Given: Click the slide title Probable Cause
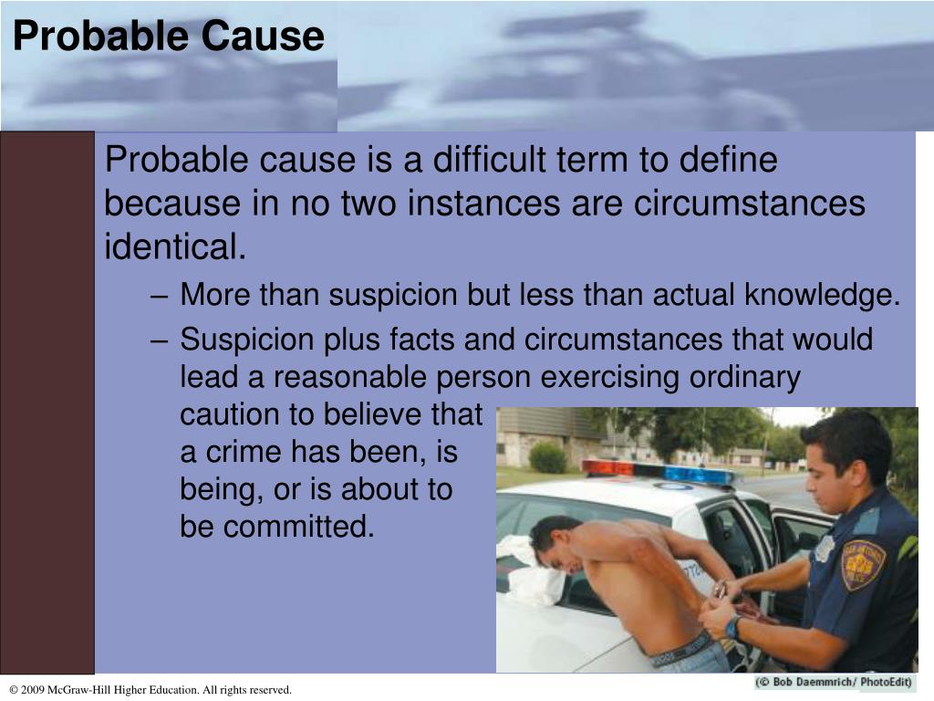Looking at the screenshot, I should pyautogui.click(x=169, y=37).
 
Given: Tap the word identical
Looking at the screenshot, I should pyautogui.click(x=174, y=246).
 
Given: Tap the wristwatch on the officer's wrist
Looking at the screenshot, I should pyautogui.click(x=732, y=627).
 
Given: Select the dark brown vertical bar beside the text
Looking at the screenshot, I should pyautogui.click(x=47, y=402).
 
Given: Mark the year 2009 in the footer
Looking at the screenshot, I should pyautogui.click(x=35, y=690).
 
